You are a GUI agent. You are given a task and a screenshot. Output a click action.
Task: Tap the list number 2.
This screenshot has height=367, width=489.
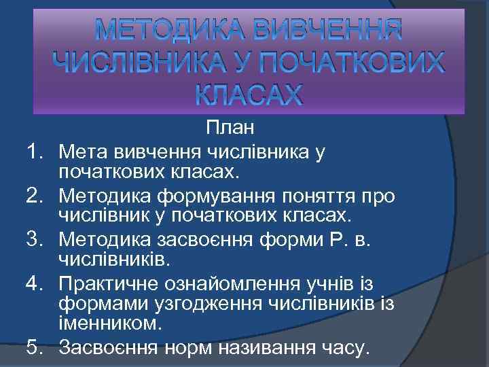pyautogui.click(x=36, y=196)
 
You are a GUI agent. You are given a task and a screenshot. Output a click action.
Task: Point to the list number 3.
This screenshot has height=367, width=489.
pyautogui.click(x=36, y=240)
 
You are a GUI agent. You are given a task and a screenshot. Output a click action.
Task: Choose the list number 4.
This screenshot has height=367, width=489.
pyautogui.click(x=36, y=284)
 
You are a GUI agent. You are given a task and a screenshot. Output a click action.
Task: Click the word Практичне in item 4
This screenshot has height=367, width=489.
pyautogui.click(x=110, y=284)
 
